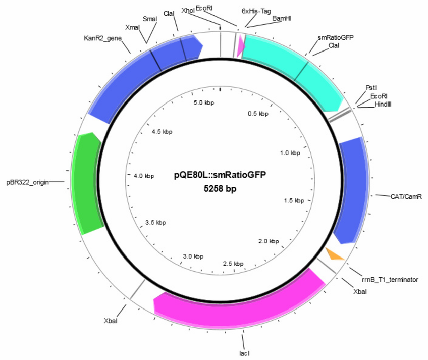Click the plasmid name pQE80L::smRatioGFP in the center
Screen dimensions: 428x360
(220, 175)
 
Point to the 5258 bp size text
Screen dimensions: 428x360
(220, 188)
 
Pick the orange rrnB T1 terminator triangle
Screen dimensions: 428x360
(335, 254)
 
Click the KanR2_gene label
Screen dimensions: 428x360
(102, 38)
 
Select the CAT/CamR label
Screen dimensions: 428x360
(406, 196)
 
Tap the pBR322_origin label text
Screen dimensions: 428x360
(28, 182)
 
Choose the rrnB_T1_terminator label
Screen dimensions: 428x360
(390, 280)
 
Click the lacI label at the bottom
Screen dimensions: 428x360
(244, 353)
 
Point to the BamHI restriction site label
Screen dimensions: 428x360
(282, 18)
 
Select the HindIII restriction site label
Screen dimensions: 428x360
(383, 104)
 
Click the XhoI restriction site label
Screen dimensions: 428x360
(188, 11)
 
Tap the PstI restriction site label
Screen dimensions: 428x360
(371, 88)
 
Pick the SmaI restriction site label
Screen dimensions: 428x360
(150, 19)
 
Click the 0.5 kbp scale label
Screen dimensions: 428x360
(258, 114)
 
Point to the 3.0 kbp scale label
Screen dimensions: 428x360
(193, 256)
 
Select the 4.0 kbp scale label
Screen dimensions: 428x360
(144, 176)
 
